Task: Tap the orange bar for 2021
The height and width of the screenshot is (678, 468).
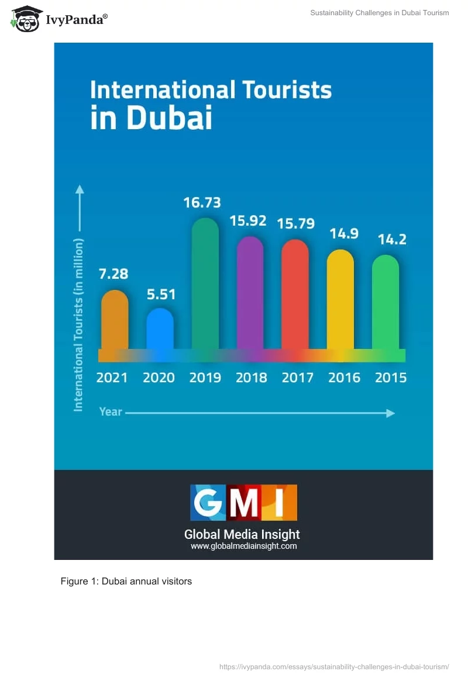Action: [115, 320]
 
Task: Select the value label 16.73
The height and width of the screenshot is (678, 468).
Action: [202, 202]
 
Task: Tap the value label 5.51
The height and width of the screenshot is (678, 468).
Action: [161, 295]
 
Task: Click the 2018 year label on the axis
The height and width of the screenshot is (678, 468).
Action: [251, 378]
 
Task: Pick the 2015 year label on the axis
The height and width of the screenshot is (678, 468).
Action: [390, 378]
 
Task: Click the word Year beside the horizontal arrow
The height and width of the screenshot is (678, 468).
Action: [111, 411]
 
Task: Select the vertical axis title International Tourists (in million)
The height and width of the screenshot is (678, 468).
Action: [78, 324]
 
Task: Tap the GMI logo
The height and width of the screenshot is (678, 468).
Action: [243, 503]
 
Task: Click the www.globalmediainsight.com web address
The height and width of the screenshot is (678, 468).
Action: [243, 546]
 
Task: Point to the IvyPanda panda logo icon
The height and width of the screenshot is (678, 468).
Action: [26, 19]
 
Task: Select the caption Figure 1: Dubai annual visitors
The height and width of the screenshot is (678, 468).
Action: [126, 582]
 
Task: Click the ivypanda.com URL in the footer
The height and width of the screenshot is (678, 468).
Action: [334, 667]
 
